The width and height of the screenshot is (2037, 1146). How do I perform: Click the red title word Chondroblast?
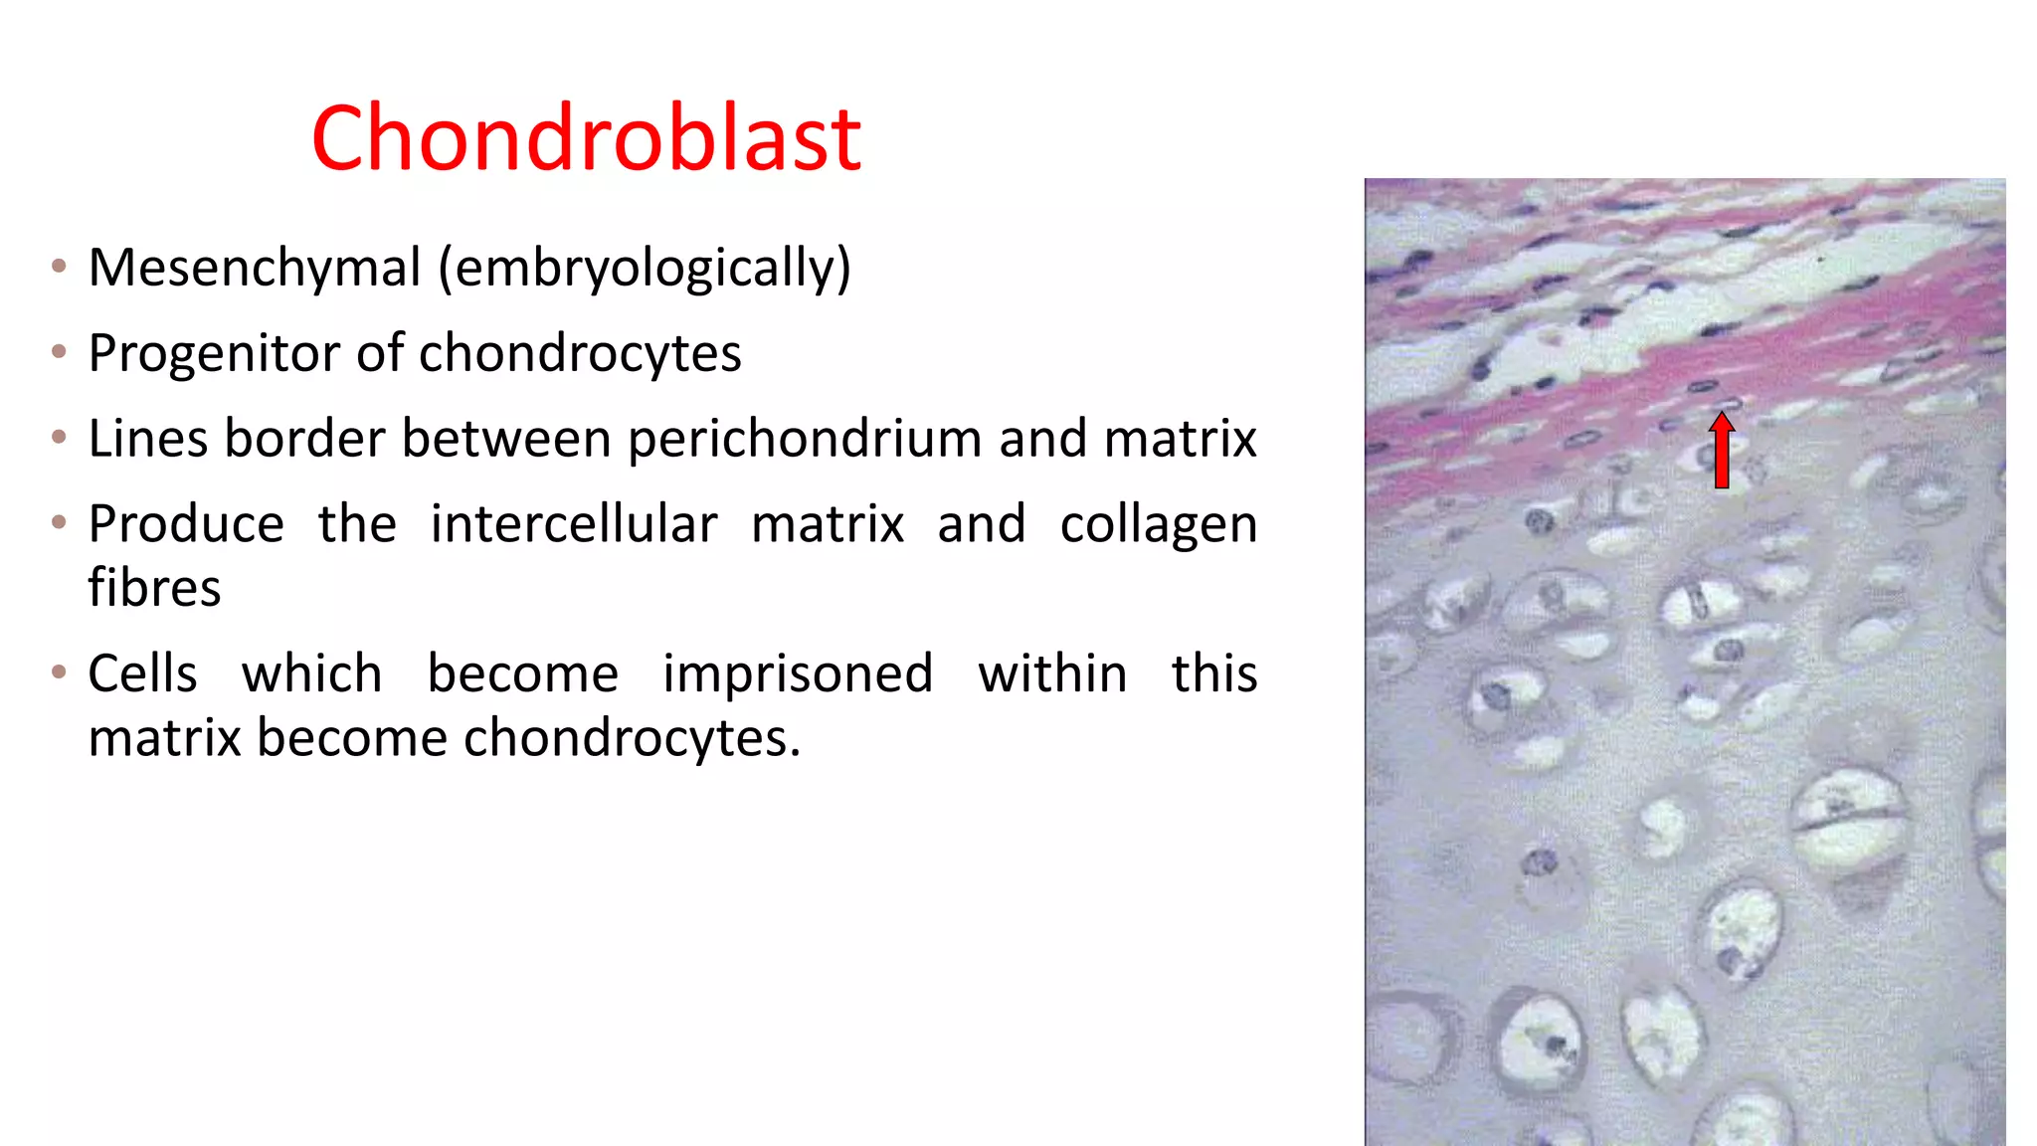(x=586, y=139)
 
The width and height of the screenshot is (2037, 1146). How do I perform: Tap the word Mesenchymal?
(x=255, y=269)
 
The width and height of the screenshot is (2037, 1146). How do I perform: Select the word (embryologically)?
(x=645, y=269)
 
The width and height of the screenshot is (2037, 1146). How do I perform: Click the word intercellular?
(x=573, y=525)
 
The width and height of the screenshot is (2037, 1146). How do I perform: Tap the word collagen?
(x=1158, y=525)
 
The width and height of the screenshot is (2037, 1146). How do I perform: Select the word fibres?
(x=154, y=588)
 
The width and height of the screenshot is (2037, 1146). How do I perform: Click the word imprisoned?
(x=798, y=674)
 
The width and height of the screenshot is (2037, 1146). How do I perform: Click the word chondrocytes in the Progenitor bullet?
(x=579, y=354)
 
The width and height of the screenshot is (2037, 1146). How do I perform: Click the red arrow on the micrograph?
(x=1722, y=452)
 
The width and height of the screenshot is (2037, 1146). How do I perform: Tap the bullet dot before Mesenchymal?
(x=60, y=266)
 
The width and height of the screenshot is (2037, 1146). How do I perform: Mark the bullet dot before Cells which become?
(x=60, y=672)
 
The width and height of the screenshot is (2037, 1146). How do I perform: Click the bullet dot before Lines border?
(x=60, y=437)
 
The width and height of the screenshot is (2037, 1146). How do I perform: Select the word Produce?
(x=186, y=525)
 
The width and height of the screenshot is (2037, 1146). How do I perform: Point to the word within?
(x=1052, y=674)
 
